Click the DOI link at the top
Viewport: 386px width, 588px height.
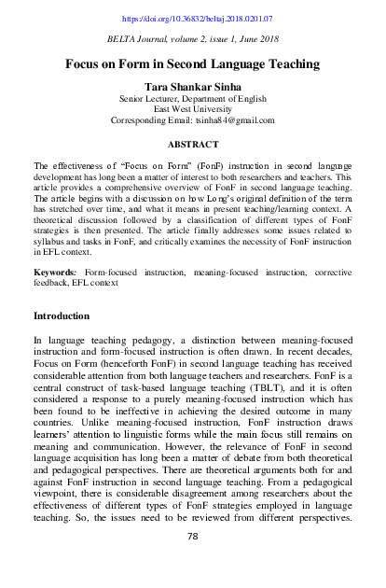click(x=193, y=18)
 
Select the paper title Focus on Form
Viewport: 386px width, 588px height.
click(x=193, y=64)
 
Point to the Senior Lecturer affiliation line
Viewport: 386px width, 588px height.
click(x=193, y=97)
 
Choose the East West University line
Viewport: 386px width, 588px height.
click(x=193, y=108)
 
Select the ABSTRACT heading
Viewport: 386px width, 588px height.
click(x=193, y=145)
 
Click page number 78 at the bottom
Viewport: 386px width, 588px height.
click(x=193, y=561)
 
